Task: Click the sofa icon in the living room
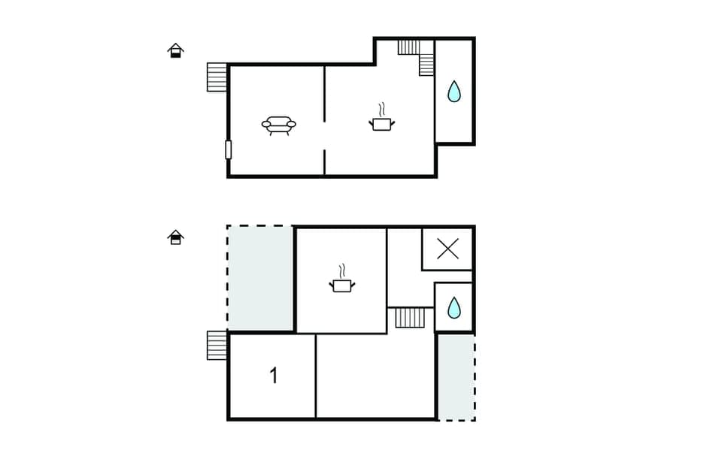click(278, 125)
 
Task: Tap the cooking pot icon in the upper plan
click(382, 123)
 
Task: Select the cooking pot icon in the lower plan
click(342, 285)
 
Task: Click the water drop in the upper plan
click(454, 92)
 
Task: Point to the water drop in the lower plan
click(454, 308)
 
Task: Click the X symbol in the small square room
click(447, 249)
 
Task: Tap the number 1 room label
click(274, 376)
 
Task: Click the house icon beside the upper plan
click(175, 50)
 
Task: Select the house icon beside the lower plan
click(175, 237)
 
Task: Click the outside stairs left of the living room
click(217, 77)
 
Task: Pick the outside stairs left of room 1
click(217, 346)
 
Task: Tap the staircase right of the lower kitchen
click(411, 317)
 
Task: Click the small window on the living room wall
click(228, 149)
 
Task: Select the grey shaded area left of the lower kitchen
click(260, 278)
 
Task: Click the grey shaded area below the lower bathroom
click(456, 376)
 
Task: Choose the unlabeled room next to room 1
click(375, 376)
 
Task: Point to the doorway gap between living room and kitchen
click(324, 136)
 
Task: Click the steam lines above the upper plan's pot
click(382, 108)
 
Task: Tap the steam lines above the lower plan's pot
click(342, 270)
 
